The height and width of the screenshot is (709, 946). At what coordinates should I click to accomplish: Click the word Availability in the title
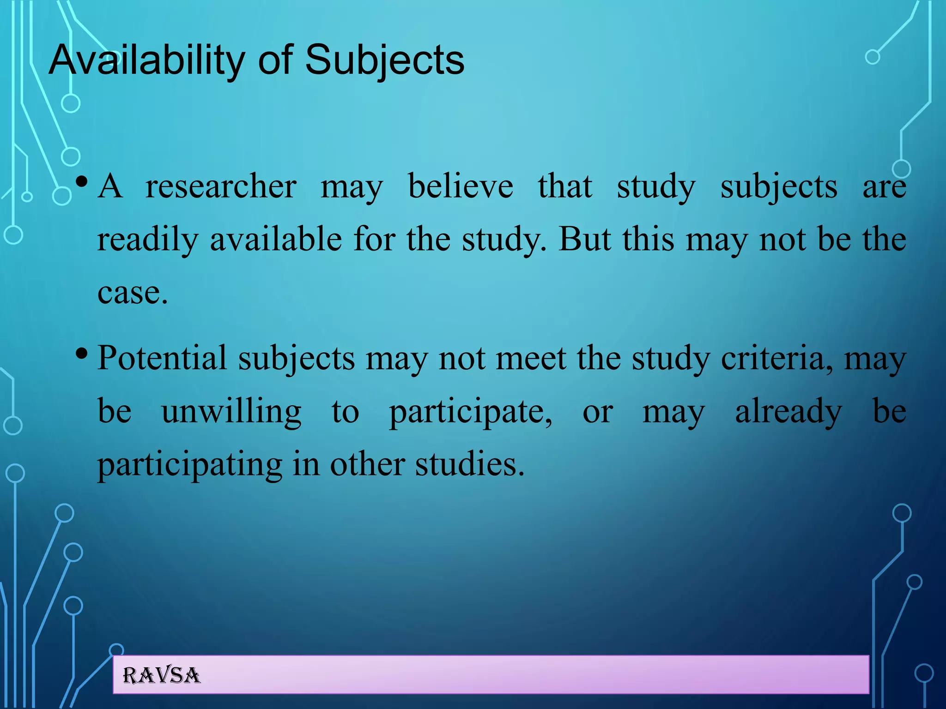pos(147,60)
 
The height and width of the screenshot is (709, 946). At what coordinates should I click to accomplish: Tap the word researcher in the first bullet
pos(221,186)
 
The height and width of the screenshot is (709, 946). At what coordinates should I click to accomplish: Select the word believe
pos(461,186)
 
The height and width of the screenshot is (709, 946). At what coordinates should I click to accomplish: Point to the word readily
pos(148,240)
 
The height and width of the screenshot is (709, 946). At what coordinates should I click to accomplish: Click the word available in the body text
pos(276,239)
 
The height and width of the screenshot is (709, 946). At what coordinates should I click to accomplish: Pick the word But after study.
pos(585,239)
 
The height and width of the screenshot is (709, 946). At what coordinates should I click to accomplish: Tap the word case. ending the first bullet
pos(133,293)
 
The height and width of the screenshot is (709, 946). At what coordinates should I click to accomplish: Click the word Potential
pos(162,358)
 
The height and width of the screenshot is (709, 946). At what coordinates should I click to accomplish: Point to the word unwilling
pos(231,412)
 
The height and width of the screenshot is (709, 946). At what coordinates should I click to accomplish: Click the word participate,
pos(470,412)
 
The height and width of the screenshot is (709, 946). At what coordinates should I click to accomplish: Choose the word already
pos(788,412)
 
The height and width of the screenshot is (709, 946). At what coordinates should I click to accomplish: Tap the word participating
pos(190,465)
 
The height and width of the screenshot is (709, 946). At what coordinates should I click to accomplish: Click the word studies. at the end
pos(470,464)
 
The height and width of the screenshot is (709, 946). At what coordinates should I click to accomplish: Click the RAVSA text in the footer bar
pos(161,676)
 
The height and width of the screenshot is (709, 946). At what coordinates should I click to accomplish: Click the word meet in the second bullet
pos(531,358)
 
